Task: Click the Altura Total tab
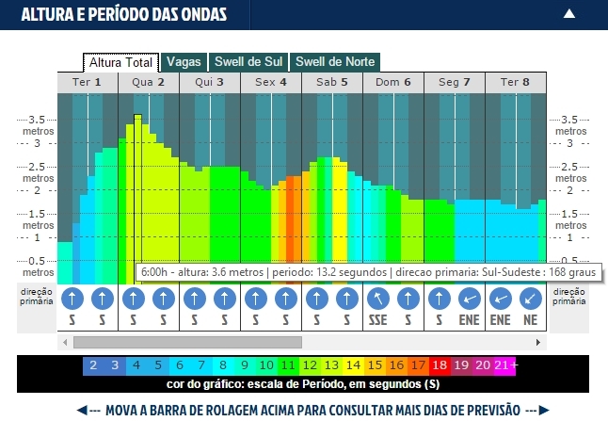click(121, 62)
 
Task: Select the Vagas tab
click(184, 62)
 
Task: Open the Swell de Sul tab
click(248, 62)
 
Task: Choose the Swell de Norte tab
click(335, 62)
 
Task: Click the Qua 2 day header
click(149, 83)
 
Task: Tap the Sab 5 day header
click(332, 83)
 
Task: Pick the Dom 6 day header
click(393, 83)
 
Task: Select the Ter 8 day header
click(515, 83)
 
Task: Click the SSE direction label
click(376, 320)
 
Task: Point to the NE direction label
click(530, 320)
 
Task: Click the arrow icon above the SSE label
click(376, 299)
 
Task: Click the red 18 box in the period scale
click(440, 365)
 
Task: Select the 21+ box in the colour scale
click(505, 365)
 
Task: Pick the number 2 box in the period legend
click(93, 365)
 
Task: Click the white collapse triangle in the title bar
click(569, 14)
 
